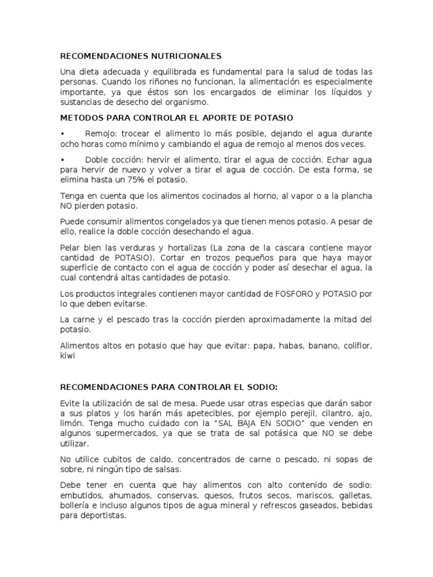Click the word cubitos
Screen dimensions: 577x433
click(113, 460)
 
